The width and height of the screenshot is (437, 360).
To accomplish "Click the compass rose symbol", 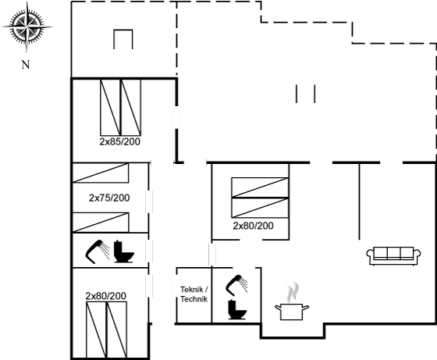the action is pos(27,27).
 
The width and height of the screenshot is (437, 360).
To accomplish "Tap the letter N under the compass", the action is pos(26,65).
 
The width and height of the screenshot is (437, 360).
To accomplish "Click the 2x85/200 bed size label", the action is pos(120,141).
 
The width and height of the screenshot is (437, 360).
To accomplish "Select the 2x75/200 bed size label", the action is pos(109,198).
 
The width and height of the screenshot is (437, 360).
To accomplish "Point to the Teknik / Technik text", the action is pos(194,294).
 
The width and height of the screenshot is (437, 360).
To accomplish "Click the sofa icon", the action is pos(393,255).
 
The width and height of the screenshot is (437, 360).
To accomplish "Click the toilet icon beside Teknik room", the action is pos(237,309).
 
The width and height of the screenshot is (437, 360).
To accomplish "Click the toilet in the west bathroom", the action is pos(124,251).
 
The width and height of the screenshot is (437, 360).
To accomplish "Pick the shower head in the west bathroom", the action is pos(97,251).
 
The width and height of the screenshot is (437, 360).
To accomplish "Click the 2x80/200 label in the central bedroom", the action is pos(253,226).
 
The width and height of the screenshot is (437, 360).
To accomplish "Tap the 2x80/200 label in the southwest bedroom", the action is pos(106,296).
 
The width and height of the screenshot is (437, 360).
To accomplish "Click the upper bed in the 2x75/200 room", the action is pos(101,173).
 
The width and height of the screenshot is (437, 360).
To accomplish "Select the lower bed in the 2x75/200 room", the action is pos(101,223).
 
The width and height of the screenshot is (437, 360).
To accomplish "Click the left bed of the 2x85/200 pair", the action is pos(110,107).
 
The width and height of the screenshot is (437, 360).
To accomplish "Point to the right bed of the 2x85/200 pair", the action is pos(131,107).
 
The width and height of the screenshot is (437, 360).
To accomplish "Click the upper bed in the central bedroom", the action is pos(260,187).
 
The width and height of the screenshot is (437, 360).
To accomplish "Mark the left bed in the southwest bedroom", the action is pos(96,330).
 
